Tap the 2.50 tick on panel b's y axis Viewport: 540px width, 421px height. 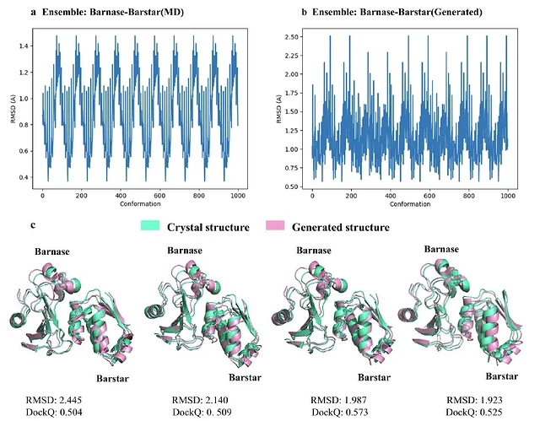click(296, 36)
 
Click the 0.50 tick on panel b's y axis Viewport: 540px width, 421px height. click(296, 186)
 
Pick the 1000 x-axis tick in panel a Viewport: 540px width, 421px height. click(234, 196)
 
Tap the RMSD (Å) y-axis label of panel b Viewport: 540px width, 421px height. click(281, 112)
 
